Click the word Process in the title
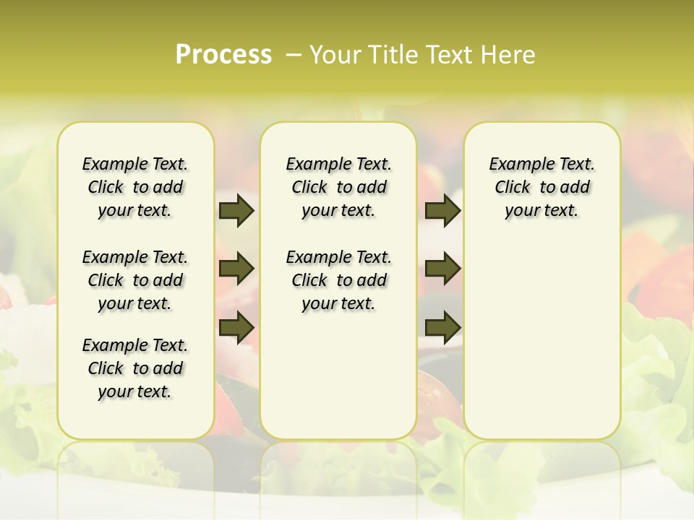[x=223, y=55]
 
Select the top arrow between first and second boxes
[x=236, y=210]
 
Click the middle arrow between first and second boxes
[x=236, y=269]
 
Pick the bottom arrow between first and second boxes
[x=236, y=327]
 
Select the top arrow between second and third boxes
[x=442, y=210]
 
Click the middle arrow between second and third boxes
[x=442, y=269]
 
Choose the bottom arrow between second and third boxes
[x=442, y=327]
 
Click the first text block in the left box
[x=135, y=187]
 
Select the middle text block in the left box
[x=135, y=280]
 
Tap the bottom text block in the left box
[x=135, y=368]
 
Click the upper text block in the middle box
[x=338, y=187]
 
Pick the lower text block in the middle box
[x=338, y=280]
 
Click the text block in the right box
[x=541, y=187]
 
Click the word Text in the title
[x=452, y=55]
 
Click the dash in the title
[x=294, y=55]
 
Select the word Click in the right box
[x=513, y=188]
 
